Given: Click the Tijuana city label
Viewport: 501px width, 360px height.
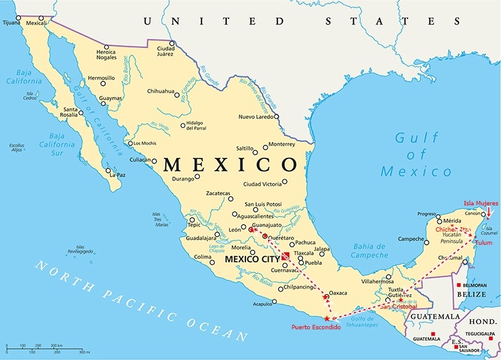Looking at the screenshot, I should [x=11, y=23].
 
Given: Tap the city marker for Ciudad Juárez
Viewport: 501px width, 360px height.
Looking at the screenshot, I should [x=172, y=43].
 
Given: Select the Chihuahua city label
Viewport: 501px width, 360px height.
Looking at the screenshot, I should [x=160, y=91].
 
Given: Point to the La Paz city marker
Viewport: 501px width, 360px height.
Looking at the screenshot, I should [x=108, y=170].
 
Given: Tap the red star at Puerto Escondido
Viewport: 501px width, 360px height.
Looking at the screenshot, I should [x=326, y=318].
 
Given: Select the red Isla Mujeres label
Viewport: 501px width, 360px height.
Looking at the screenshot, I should [x=481, y=203].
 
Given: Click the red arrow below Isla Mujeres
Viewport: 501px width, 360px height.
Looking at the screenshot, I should [x=489, y=214].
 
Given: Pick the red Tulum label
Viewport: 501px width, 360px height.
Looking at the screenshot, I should [x=483, y=242].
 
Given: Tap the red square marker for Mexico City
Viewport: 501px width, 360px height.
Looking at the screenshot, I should [x=285, y=255].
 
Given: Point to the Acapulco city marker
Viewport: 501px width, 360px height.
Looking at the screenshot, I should [x=274, y=302].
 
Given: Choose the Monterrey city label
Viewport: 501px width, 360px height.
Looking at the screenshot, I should [x=285, y=144].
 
